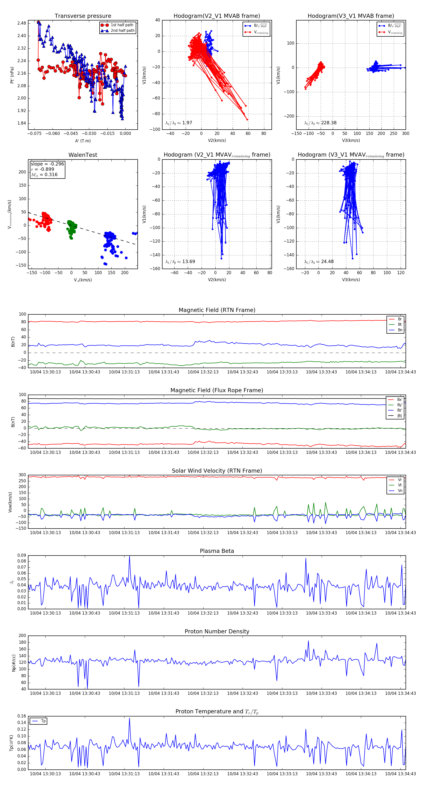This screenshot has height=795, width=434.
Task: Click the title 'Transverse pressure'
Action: pos(83,16)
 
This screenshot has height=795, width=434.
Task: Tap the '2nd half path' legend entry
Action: pos(122,31)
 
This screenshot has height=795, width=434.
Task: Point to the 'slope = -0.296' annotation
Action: pos(47,164)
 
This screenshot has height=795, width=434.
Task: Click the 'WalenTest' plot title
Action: pos(83,155)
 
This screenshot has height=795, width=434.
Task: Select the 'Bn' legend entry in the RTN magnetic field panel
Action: pos(400,330)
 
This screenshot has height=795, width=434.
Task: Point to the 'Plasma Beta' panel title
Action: pos(217,551)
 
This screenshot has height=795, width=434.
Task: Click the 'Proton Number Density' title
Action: pos(217,631)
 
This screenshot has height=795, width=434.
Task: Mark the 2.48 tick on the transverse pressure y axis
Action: pos(22,23)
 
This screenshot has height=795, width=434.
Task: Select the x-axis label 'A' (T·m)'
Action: pos(83,141)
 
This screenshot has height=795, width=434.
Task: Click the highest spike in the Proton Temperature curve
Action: pos(129,718)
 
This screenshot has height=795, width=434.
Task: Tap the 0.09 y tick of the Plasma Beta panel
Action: pos(22,556)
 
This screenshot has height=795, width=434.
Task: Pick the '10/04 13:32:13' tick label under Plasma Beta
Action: pos(203,613)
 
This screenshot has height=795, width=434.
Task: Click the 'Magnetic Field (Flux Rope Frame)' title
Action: pos(217,391)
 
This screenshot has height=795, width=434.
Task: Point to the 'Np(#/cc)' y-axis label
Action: pos(13,663)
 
